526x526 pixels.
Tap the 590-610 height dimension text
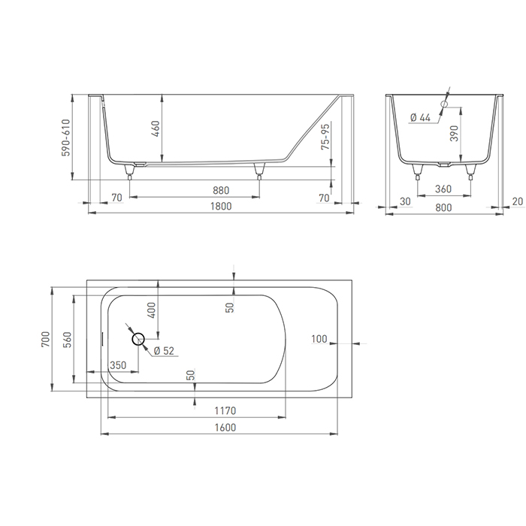[x=65, y=138]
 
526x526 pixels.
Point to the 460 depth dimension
[x=156, y=128]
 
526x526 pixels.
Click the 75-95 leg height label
[x=325, y=138]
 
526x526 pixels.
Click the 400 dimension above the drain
[x=152, y=310]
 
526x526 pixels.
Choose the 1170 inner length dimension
[x=225, y=410]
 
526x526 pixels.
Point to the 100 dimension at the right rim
[x=319, y=340]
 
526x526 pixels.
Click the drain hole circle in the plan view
[x=139, y=339]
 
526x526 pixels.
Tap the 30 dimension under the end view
[x=406, y=201]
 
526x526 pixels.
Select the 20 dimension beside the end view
[x=516, y=201]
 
